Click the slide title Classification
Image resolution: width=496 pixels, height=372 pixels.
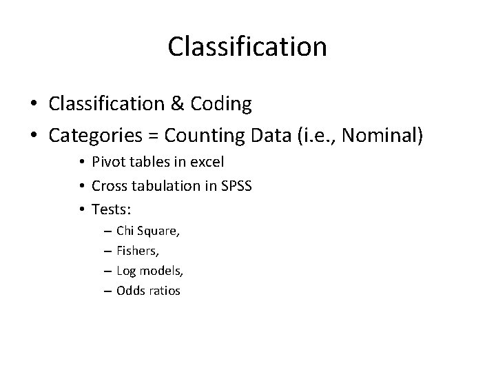click(247, 47)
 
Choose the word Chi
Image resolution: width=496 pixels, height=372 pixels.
click(125, 230)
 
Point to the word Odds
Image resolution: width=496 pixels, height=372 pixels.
click(130, 291)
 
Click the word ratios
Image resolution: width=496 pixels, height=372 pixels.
click(164, 291)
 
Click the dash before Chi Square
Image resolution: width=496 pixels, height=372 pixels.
click(107, 231)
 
